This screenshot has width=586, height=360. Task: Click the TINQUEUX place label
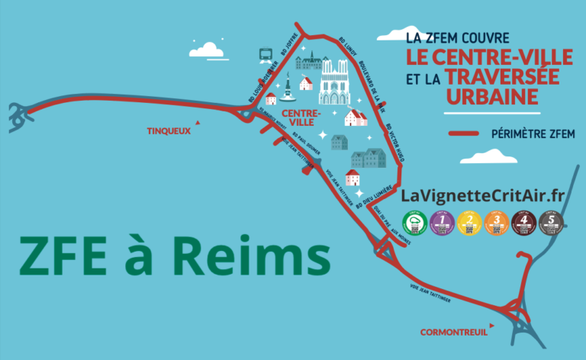(x=169, y=130)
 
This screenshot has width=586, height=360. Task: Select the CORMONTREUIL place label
(x=453, y=332)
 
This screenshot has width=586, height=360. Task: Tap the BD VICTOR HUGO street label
(x=392, y=143)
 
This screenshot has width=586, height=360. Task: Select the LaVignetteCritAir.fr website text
(x=482, y=196)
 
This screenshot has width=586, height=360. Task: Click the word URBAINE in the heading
(x=492, y=97)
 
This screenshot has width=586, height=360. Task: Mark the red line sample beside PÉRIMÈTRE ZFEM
(x=465, y=133)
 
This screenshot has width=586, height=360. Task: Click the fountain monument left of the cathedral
(x=288, y=89)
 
